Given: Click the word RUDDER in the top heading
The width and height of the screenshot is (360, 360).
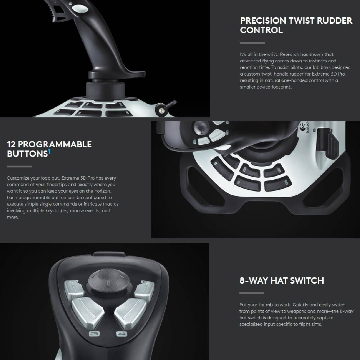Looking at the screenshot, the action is tap(334, 21).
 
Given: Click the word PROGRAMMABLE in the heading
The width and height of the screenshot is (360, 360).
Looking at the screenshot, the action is tap(55, 144).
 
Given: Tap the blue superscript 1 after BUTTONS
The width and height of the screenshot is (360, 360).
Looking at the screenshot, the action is tap(49, 152).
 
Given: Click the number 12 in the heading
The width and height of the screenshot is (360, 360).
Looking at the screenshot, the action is tap(11, 144).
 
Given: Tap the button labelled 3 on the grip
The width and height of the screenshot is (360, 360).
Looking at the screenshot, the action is tap(94, 334).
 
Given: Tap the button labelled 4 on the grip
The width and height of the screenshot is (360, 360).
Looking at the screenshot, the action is tap(122, 334).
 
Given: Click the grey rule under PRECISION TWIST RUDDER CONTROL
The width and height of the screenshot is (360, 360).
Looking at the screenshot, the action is tap(253, 43).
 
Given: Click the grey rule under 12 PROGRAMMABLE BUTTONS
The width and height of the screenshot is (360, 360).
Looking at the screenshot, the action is tap(19, 166).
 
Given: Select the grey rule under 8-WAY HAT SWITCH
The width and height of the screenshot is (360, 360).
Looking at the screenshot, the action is tap(252, 293).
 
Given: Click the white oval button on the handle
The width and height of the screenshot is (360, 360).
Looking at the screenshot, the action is tap(80, 9).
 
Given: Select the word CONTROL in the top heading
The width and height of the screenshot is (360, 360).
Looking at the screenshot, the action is tap(261, 30).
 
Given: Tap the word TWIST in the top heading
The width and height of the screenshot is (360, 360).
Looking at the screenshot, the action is tap(301, 21).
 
